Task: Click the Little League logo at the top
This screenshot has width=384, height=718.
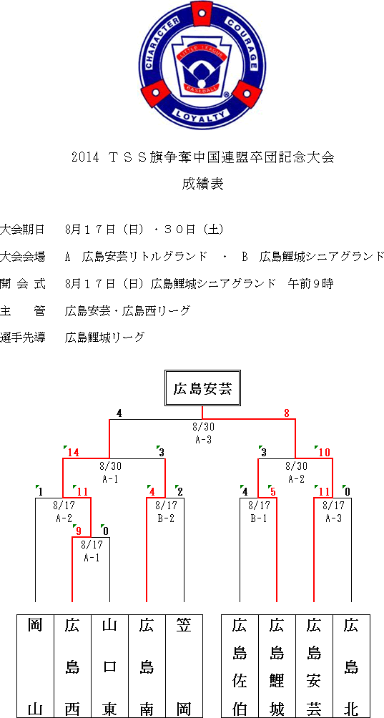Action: coord(202,64)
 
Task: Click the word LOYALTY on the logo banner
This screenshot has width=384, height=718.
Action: coord(202,115)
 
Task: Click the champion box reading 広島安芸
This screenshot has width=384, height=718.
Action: coord(203,390)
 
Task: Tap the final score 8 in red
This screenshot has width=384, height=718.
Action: coord(287,413)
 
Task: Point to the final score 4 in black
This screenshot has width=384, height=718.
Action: coord(119,413)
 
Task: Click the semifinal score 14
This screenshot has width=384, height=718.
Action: coord(73,453)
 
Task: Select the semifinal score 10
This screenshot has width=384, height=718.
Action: coord(324,453)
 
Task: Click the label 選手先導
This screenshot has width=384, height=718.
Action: coord(23,338)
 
